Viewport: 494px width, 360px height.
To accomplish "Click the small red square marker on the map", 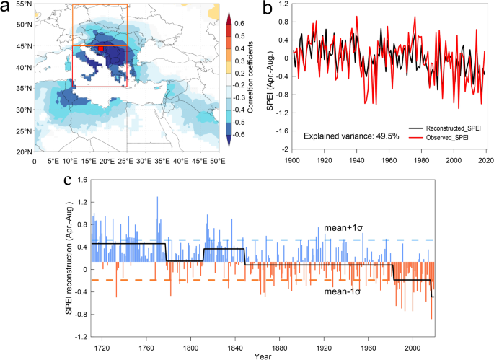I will tap(102, 48).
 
